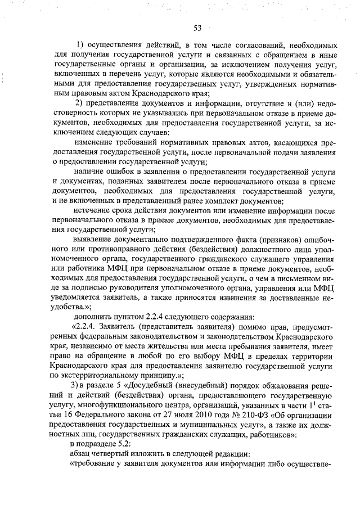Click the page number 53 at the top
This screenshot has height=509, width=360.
[x=197, y=29]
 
